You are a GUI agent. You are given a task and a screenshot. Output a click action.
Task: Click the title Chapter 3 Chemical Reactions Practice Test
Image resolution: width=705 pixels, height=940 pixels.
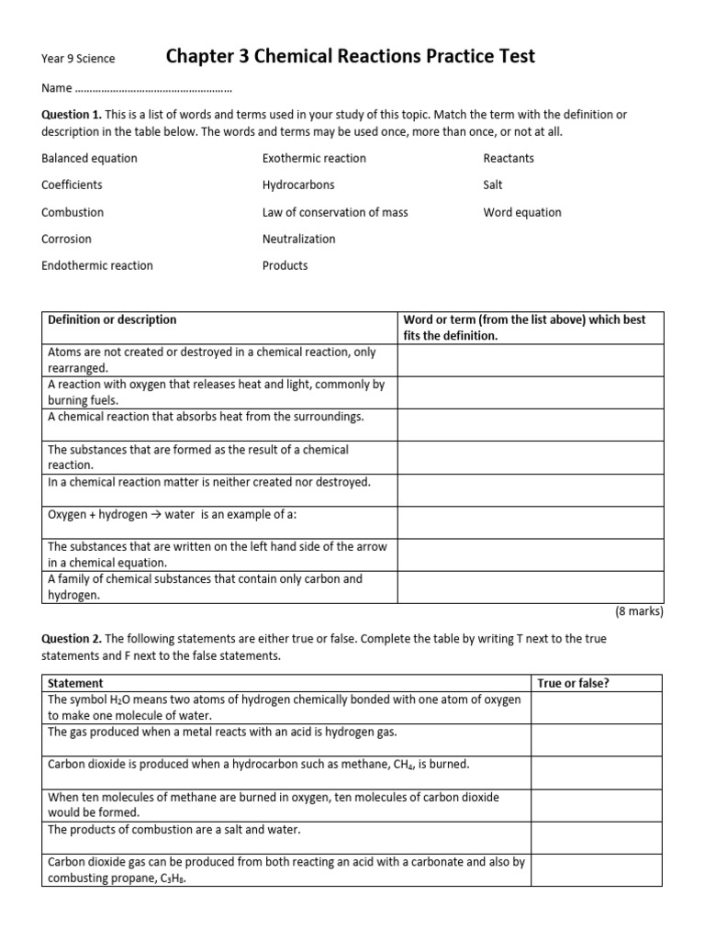click(350, 57)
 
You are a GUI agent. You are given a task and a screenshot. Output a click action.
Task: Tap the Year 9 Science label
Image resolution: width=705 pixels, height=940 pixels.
click(78, 59)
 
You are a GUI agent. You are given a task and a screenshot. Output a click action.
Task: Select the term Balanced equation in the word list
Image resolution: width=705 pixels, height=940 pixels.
click(89, 158)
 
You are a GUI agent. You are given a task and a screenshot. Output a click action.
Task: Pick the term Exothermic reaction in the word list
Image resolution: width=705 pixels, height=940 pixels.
click(314, 158)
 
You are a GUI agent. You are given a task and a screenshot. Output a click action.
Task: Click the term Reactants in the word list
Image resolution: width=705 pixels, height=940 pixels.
click(509, 158)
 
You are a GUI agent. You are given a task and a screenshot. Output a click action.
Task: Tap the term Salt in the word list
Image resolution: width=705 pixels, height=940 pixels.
click(493, 185)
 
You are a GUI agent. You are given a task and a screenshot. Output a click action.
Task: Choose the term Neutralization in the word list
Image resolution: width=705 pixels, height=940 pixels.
click(299, 239)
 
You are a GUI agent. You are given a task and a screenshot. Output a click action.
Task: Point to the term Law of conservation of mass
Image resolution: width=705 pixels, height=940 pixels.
click(335, 212)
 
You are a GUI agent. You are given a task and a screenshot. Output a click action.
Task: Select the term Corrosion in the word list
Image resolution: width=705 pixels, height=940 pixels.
click(66, 239)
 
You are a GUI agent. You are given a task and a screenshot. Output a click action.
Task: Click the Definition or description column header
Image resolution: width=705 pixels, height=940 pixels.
click(112, 319)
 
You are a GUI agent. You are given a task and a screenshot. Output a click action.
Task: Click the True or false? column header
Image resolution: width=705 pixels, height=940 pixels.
click(573, 683)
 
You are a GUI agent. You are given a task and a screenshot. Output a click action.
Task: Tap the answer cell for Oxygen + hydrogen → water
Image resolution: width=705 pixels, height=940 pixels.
click(530, 522)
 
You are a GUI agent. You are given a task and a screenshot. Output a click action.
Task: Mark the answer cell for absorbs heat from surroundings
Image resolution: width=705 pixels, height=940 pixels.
click(530, 424)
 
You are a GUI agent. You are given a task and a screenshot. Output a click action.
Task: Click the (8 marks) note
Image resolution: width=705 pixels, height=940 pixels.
click(638, 611)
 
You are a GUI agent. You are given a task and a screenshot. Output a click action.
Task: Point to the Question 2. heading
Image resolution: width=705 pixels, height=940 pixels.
click(72, 638)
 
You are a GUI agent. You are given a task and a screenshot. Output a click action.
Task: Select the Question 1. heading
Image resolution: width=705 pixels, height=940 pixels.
click(72, 114)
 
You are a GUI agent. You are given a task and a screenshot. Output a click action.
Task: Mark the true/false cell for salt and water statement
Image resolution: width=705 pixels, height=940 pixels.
click(597, 837)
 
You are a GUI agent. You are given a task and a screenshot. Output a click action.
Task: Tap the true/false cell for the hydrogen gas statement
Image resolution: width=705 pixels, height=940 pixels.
click(597, 740)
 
